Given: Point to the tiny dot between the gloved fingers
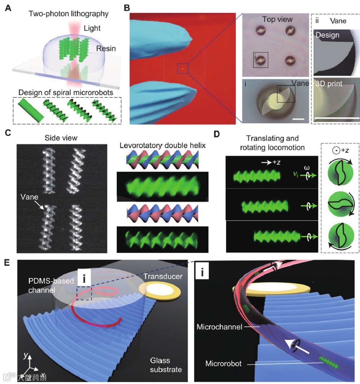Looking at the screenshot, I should (x=183, y=68).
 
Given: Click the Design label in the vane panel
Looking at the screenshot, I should (x=327, y=35).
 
